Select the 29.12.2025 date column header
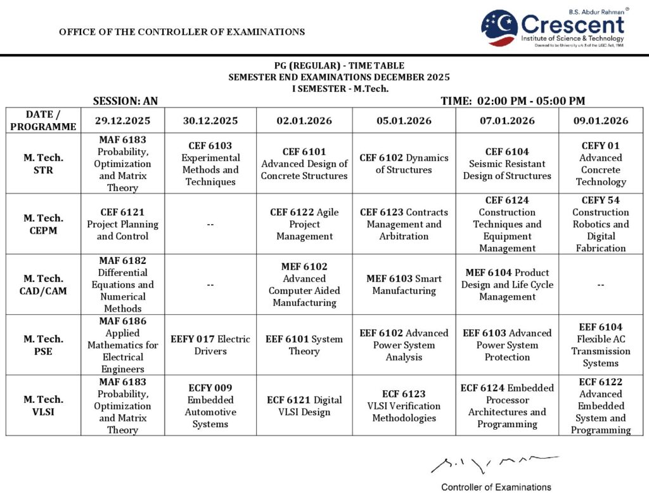click(x=122, y=121)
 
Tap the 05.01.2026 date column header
click(x=404, y=121)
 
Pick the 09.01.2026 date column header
click(x=600, y=121)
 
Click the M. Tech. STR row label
click(x=43, y=163)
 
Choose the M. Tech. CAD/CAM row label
click(x=43, y=284)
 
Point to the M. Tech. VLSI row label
click(x=43, y=406)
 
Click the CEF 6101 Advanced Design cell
click(x=304, y=163)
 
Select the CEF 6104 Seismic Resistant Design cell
click(x=507, y=163)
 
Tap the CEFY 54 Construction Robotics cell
click(x=600, y=224)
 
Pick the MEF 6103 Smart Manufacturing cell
click(x=404, y=284)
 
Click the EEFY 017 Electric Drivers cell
click(x=210, y=345)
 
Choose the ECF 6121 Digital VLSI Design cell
click(x=304, y=406)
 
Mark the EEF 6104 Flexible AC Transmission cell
click(x=600, y=345)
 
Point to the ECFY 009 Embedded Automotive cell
click(x=210, y=406)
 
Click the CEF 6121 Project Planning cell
click(x=122, y=224)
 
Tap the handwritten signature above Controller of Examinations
click(x=494, y=465)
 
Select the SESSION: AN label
click(x=125, y=101)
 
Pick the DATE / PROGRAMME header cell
click(x=43, y=121)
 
